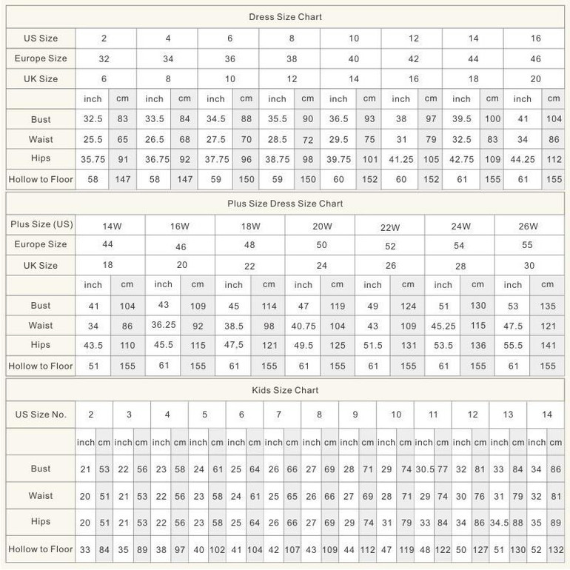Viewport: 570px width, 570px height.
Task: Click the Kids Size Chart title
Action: [285, 390]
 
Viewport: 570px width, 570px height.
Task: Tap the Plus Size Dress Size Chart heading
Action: [285, 204]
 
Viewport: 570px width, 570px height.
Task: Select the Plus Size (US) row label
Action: [41, 224]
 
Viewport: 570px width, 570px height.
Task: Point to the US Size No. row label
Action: [41, 415]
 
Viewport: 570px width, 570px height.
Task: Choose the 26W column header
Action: [528, 226]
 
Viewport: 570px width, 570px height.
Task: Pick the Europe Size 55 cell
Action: [528, 245]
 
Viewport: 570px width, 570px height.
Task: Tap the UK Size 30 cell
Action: [528, 266]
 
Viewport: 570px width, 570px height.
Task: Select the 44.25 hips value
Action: [523, 159]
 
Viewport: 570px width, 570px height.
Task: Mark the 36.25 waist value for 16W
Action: [164, 324]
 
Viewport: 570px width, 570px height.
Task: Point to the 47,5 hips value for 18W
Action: [234, 345]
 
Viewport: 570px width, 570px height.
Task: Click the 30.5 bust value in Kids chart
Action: [425, 469]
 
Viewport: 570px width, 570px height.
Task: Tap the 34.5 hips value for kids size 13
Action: [499, 523]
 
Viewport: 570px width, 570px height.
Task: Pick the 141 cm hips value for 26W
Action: [548, 345]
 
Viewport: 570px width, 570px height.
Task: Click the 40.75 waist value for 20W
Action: [304, 326]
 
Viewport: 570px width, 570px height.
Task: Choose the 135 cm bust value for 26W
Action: [548, 306]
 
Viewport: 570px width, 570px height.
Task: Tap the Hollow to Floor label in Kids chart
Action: [41, 549]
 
